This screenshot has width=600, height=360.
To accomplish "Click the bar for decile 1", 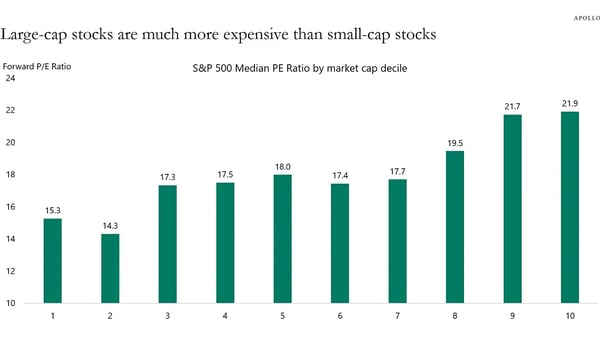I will coord(53,260).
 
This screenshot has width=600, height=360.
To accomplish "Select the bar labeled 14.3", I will coord(110,268).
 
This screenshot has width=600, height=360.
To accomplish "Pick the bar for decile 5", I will coord(282,239).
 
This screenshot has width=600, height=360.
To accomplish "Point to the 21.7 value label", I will coord(512,105).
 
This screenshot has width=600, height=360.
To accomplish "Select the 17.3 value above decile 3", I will coord(167,176).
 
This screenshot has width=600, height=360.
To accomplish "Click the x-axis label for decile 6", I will coord(340,317).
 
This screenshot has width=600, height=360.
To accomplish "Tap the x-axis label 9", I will coord(512,317).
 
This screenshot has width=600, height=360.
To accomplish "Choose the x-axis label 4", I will coord(225,317).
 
